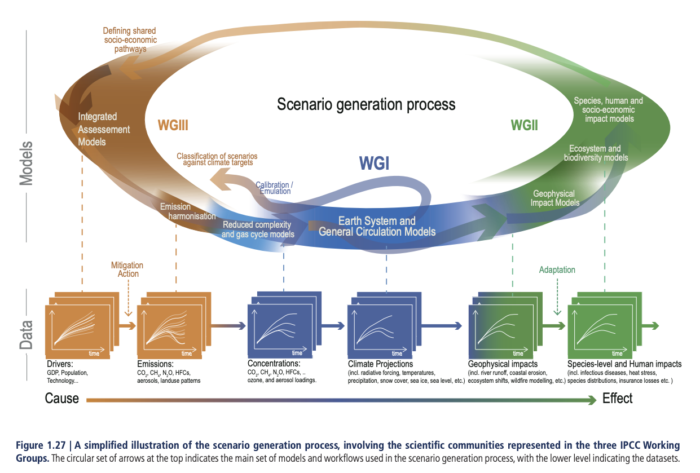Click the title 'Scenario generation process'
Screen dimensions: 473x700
pyautogui.click(x=366, y=104)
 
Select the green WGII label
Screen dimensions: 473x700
pyautogui.click(x=524, y=125)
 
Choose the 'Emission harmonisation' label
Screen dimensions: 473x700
pyautogui.click(x=187, y=211)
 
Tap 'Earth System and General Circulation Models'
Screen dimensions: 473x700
pyautogui.click(x=377, y=226)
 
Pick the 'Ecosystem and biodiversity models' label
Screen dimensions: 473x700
pyautogui.click(x=595, y=153)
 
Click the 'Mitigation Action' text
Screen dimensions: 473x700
pyautogui.click(x=127, y=269)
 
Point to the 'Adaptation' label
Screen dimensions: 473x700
pyautogui.click(x=557, y=270)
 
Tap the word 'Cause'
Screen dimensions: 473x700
pyautogui.click(x=62, y=399)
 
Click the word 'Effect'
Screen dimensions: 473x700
pyautogui.click(x=618, y=399)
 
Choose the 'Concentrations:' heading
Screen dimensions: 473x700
pyautogui.click(x=274, y=364)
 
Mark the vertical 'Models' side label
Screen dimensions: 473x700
pyautogui.click(x=25, y=164)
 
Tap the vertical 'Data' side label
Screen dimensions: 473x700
pyautogui.click(x=25, y=335)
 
